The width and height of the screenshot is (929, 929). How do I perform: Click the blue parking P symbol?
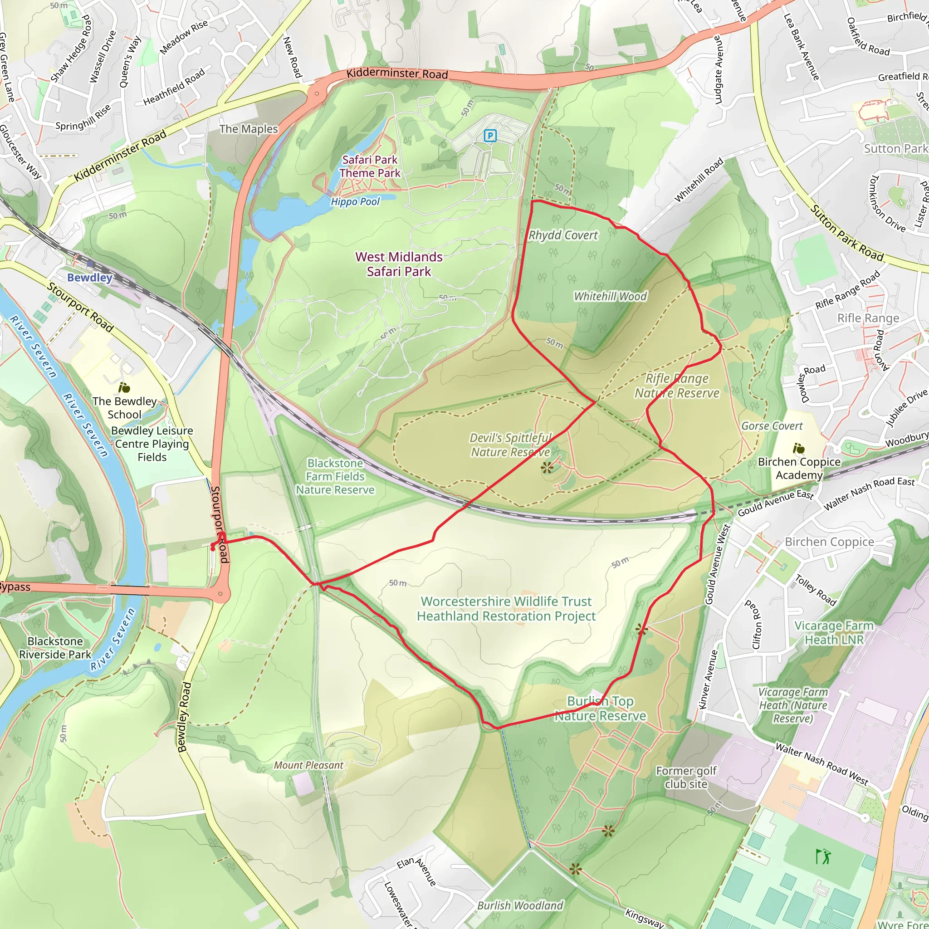point(489,136)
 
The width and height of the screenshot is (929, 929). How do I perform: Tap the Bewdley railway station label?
point(89,278)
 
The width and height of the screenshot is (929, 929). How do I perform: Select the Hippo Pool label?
point(355,201)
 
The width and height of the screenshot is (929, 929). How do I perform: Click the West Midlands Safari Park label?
point(399,264)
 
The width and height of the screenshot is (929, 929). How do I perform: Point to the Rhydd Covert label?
point(563,235)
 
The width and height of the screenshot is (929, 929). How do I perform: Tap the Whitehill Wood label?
point(610,296)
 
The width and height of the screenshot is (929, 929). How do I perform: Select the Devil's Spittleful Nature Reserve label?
point(510,445)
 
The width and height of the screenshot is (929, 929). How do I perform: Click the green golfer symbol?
point(823,856)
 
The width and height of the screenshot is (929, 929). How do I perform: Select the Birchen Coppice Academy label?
point(799,468)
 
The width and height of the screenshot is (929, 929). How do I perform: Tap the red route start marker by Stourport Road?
point(213,548)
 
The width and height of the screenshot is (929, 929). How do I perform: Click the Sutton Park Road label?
point(847,233)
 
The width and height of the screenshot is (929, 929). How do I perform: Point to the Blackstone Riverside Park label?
point(55,648)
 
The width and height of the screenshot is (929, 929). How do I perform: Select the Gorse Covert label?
point(772,426)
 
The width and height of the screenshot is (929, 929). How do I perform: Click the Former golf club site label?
point(686,777)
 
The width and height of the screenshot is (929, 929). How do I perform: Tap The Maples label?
point(249,129)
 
